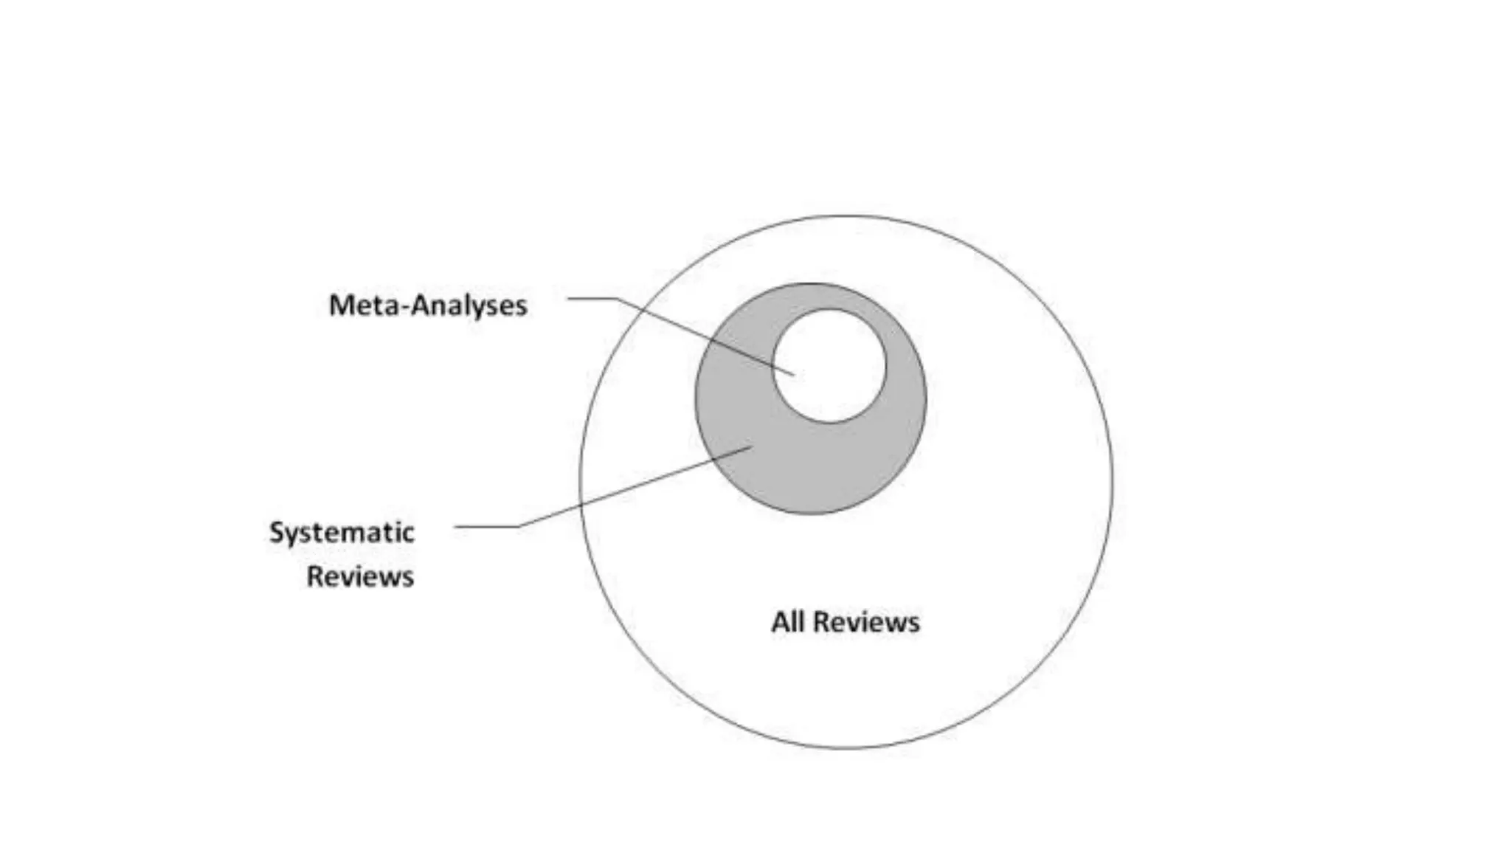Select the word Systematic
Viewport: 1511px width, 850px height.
tap(342, 533)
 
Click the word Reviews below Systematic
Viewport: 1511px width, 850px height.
tap(360, 577)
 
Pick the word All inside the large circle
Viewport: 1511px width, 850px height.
tap(787, 622)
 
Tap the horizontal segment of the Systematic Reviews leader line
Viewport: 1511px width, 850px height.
tap(487, 526)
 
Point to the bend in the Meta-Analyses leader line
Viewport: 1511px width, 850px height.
tap(617, 298)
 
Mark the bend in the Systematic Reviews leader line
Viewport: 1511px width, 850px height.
tap(519, 526)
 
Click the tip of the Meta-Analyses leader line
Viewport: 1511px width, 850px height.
tap(794, 375)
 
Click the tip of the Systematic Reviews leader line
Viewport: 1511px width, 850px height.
tap(752, 446)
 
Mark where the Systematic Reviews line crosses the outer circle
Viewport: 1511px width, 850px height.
tap(581, 505)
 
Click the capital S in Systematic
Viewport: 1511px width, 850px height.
tap(277, 532)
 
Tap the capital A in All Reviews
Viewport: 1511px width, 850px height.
tap(779, 622)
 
